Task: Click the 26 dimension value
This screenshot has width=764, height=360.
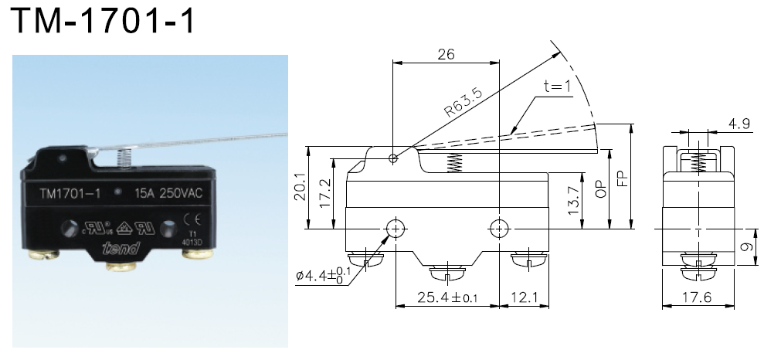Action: point(447,54)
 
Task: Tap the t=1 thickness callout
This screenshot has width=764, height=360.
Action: point(556,87)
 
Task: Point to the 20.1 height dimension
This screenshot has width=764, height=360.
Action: point(300,188)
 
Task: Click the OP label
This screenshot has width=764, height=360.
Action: point(599,188)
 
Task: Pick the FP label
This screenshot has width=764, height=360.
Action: point(622,179)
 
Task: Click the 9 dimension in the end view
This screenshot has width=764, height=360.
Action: point(745,248)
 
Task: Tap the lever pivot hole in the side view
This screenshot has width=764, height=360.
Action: point(394,159)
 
